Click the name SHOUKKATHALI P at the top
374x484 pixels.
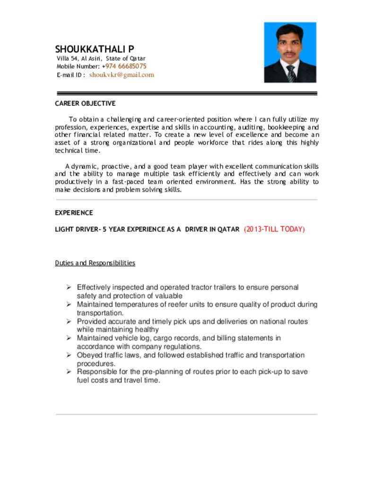pyautogui.click(x=95, y=49)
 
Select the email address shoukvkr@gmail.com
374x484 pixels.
pyautogui.click(x=122, y=75)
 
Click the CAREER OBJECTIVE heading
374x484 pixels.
pyautogui.click(x=85, y=103)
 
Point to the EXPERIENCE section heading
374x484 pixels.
pyautogui.click(x=74, y=213)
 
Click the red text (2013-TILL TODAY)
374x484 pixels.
pyautogui.click(x=274, y=229)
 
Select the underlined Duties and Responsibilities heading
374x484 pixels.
pyautogui.click(x=95, y=263)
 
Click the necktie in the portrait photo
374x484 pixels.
pyautogui.click(x=291, y=73)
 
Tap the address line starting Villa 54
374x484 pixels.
pyautogui.click(x=101, y=58)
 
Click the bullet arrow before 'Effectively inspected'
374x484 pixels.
pyautogui.click(x=69, y=287)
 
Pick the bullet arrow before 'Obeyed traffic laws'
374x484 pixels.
pyautogui.click(x=69, y=355)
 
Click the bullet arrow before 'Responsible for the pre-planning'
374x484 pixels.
pyautogui.click(x=69, y=372)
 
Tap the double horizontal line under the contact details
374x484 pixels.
pyautogui.click(x=187, y=93)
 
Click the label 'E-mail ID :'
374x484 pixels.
pyautogui.click(x=70, y=75)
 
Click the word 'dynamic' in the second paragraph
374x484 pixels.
pyautogui.click(x=85, y=166)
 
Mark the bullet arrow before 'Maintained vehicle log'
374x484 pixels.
pyautogui.click(x=69, y=338)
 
